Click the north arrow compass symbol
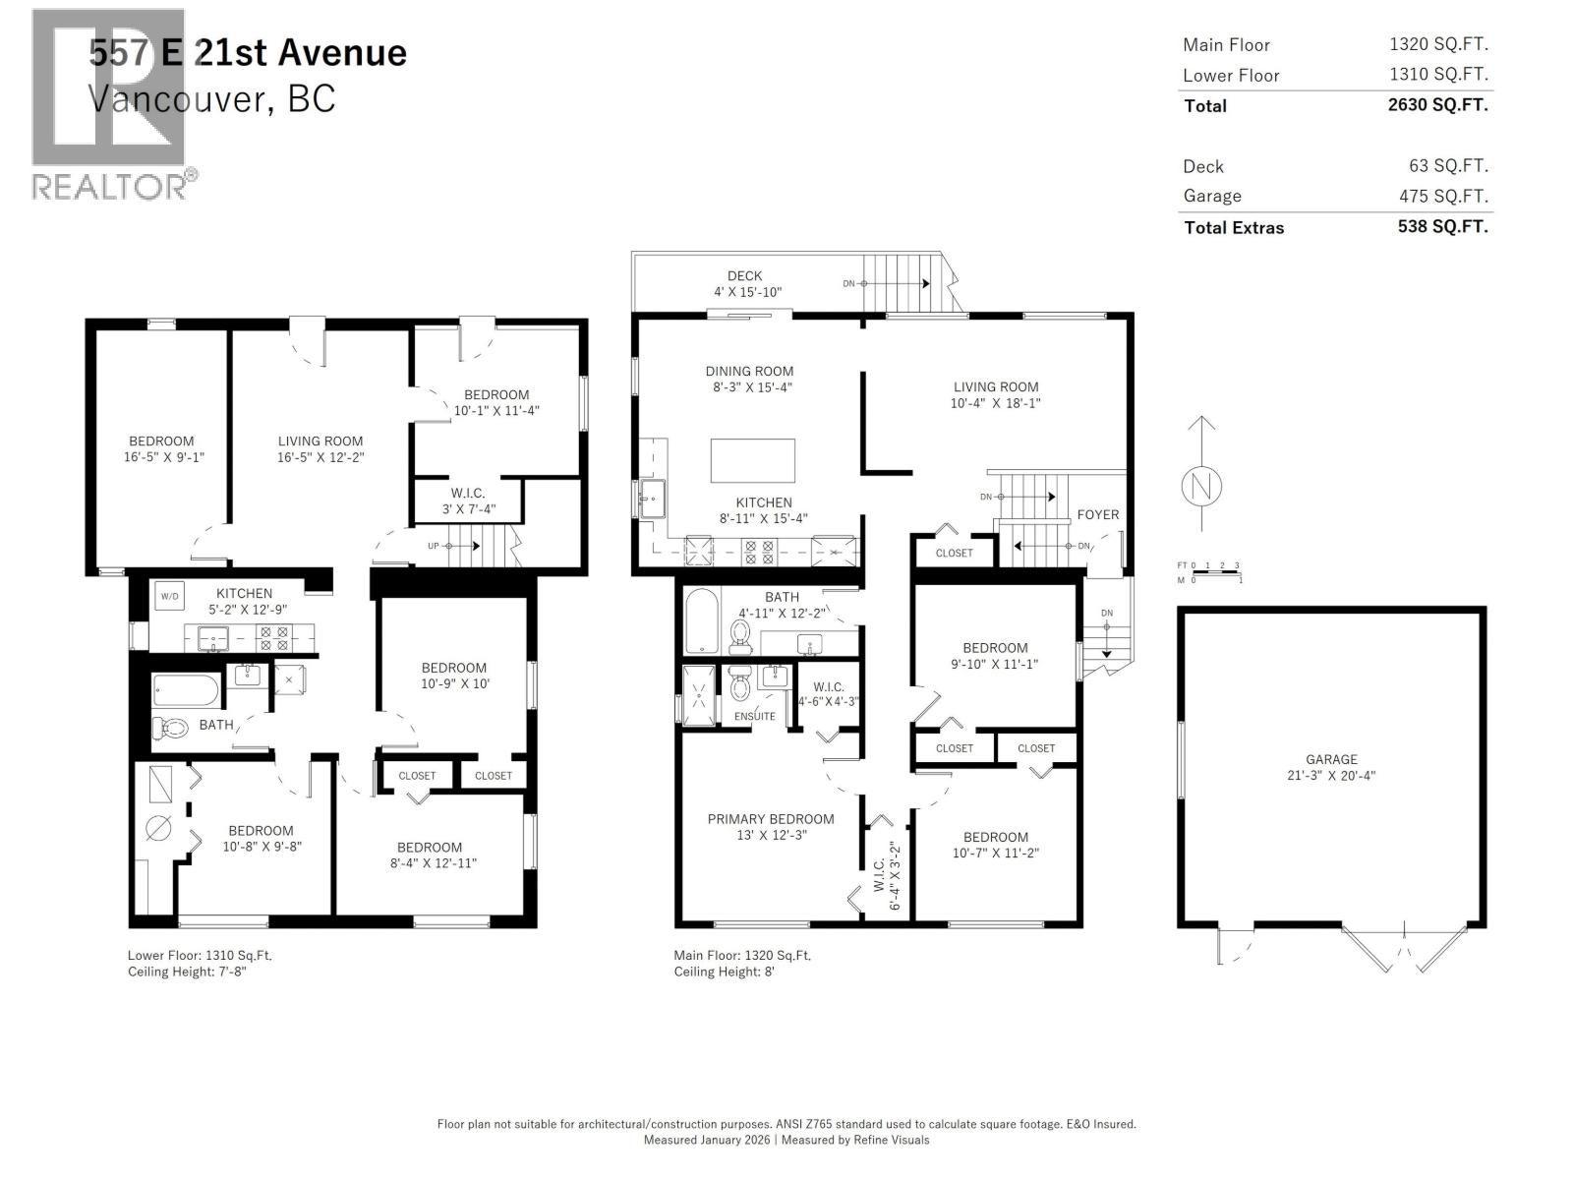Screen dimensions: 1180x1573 (1200, 486)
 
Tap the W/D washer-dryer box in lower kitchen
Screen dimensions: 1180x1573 (169, 596)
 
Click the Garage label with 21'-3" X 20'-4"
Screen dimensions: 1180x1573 (1331, 767)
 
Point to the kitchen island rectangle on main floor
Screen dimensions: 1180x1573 (752, 461)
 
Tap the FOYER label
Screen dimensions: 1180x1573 (1097, 514)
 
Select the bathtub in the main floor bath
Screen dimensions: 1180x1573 (701, 620)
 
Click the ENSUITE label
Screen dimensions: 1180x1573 (754, 716)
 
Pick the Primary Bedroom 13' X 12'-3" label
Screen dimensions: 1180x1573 (771, 826)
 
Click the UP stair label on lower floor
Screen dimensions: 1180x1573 (433, 545)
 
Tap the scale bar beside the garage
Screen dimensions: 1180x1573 (1209, 572)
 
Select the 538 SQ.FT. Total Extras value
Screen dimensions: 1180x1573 (1442, 226)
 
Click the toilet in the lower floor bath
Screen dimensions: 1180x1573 (170, 729)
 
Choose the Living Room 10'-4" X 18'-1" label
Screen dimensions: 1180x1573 (995, 394)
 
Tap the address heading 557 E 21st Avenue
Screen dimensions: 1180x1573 (248, 52)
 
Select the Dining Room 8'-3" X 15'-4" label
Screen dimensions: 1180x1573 (749, 379)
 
